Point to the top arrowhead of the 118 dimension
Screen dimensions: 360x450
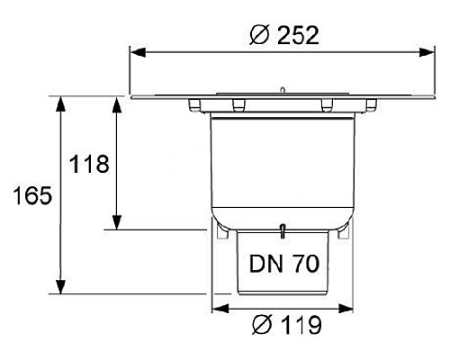(x=115, y=103)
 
